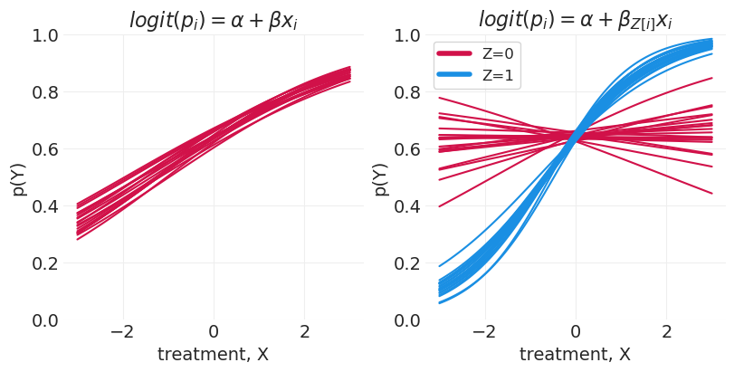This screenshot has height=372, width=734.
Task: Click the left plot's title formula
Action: (x=213, y=19)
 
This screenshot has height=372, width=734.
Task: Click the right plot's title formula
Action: (x=576, y=19)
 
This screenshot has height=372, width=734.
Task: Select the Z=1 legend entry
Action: (x=498, y=76)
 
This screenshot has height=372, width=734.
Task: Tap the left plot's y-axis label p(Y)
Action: (x=17, y=177)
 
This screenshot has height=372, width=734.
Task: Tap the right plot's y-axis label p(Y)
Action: (x=380, y=177)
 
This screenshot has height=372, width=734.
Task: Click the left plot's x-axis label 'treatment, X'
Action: (x=213, y=355)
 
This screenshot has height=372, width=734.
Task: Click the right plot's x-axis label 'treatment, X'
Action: (x=576, y=355)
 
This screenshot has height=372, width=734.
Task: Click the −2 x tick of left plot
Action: (x=121, y=332)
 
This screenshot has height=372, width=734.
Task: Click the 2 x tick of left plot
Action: (x=305, y=332)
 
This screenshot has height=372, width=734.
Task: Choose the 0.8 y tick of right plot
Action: (x=406, y=92)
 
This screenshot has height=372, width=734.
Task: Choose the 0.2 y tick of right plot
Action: (x=406, y=263)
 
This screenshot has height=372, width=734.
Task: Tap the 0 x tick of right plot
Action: (x=576, y=332)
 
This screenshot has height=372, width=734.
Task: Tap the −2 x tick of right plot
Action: (x=484, y=332)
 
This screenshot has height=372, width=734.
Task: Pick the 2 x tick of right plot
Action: (x=668, y=332)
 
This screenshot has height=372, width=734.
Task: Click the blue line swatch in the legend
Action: (x=455, y=76)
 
